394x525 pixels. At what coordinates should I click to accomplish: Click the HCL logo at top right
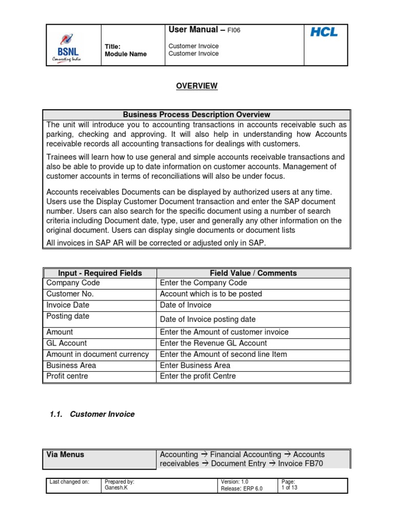324,32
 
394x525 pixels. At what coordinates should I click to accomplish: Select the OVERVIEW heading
197,86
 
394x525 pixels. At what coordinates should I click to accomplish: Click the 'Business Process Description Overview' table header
196,115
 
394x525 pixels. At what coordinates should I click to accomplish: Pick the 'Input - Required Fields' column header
100,273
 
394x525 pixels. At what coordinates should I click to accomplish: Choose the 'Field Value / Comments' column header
253,273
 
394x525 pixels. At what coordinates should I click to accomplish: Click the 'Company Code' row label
73,283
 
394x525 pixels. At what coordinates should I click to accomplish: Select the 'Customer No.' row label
70,294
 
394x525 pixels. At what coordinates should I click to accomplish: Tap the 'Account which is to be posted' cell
211,294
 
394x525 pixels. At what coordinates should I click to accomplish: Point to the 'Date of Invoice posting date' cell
208,319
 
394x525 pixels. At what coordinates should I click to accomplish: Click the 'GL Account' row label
67,343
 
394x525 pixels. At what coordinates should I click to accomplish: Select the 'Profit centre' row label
67,376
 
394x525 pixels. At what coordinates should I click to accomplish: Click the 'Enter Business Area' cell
195,366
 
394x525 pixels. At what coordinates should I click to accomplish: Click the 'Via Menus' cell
66,455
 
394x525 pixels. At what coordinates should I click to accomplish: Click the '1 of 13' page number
289,488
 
